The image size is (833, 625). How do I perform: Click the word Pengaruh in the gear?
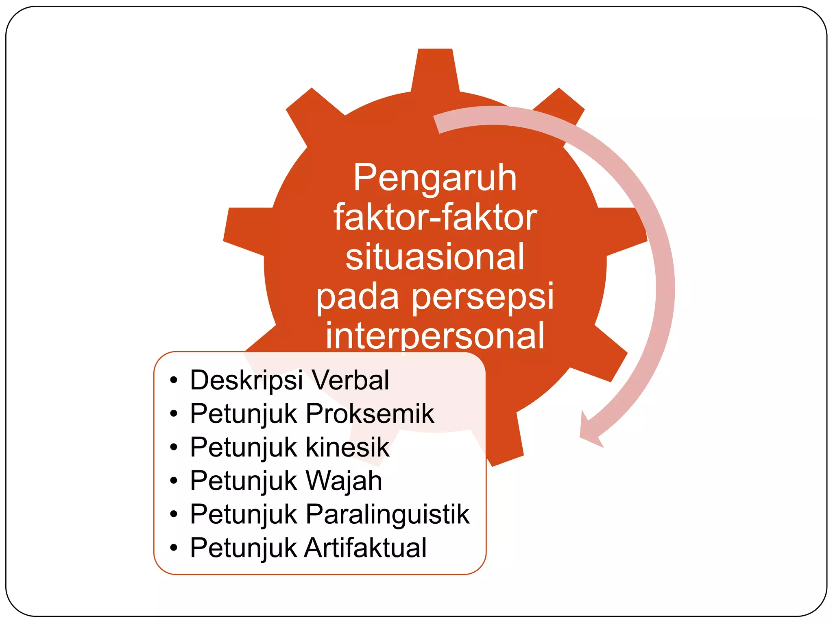pos(435,178)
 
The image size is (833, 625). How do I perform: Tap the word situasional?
pos(435,257)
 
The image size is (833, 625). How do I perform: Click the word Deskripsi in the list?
pos(246,380)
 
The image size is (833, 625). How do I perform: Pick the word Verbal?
pos(350,380)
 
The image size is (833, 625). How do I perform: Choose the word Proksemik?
pos(370,414)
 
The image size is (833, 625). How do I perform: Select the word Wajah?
pos(344,481)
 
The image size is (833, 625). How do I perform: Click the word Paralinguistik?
pos(387,514)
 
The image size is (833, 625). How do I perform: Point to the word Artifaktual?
pos(366,548)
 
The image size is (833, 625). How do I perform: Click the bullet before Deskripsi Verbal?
pos(174,381)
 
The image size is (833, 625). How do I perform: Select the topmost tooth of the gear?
pos(435,69)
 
